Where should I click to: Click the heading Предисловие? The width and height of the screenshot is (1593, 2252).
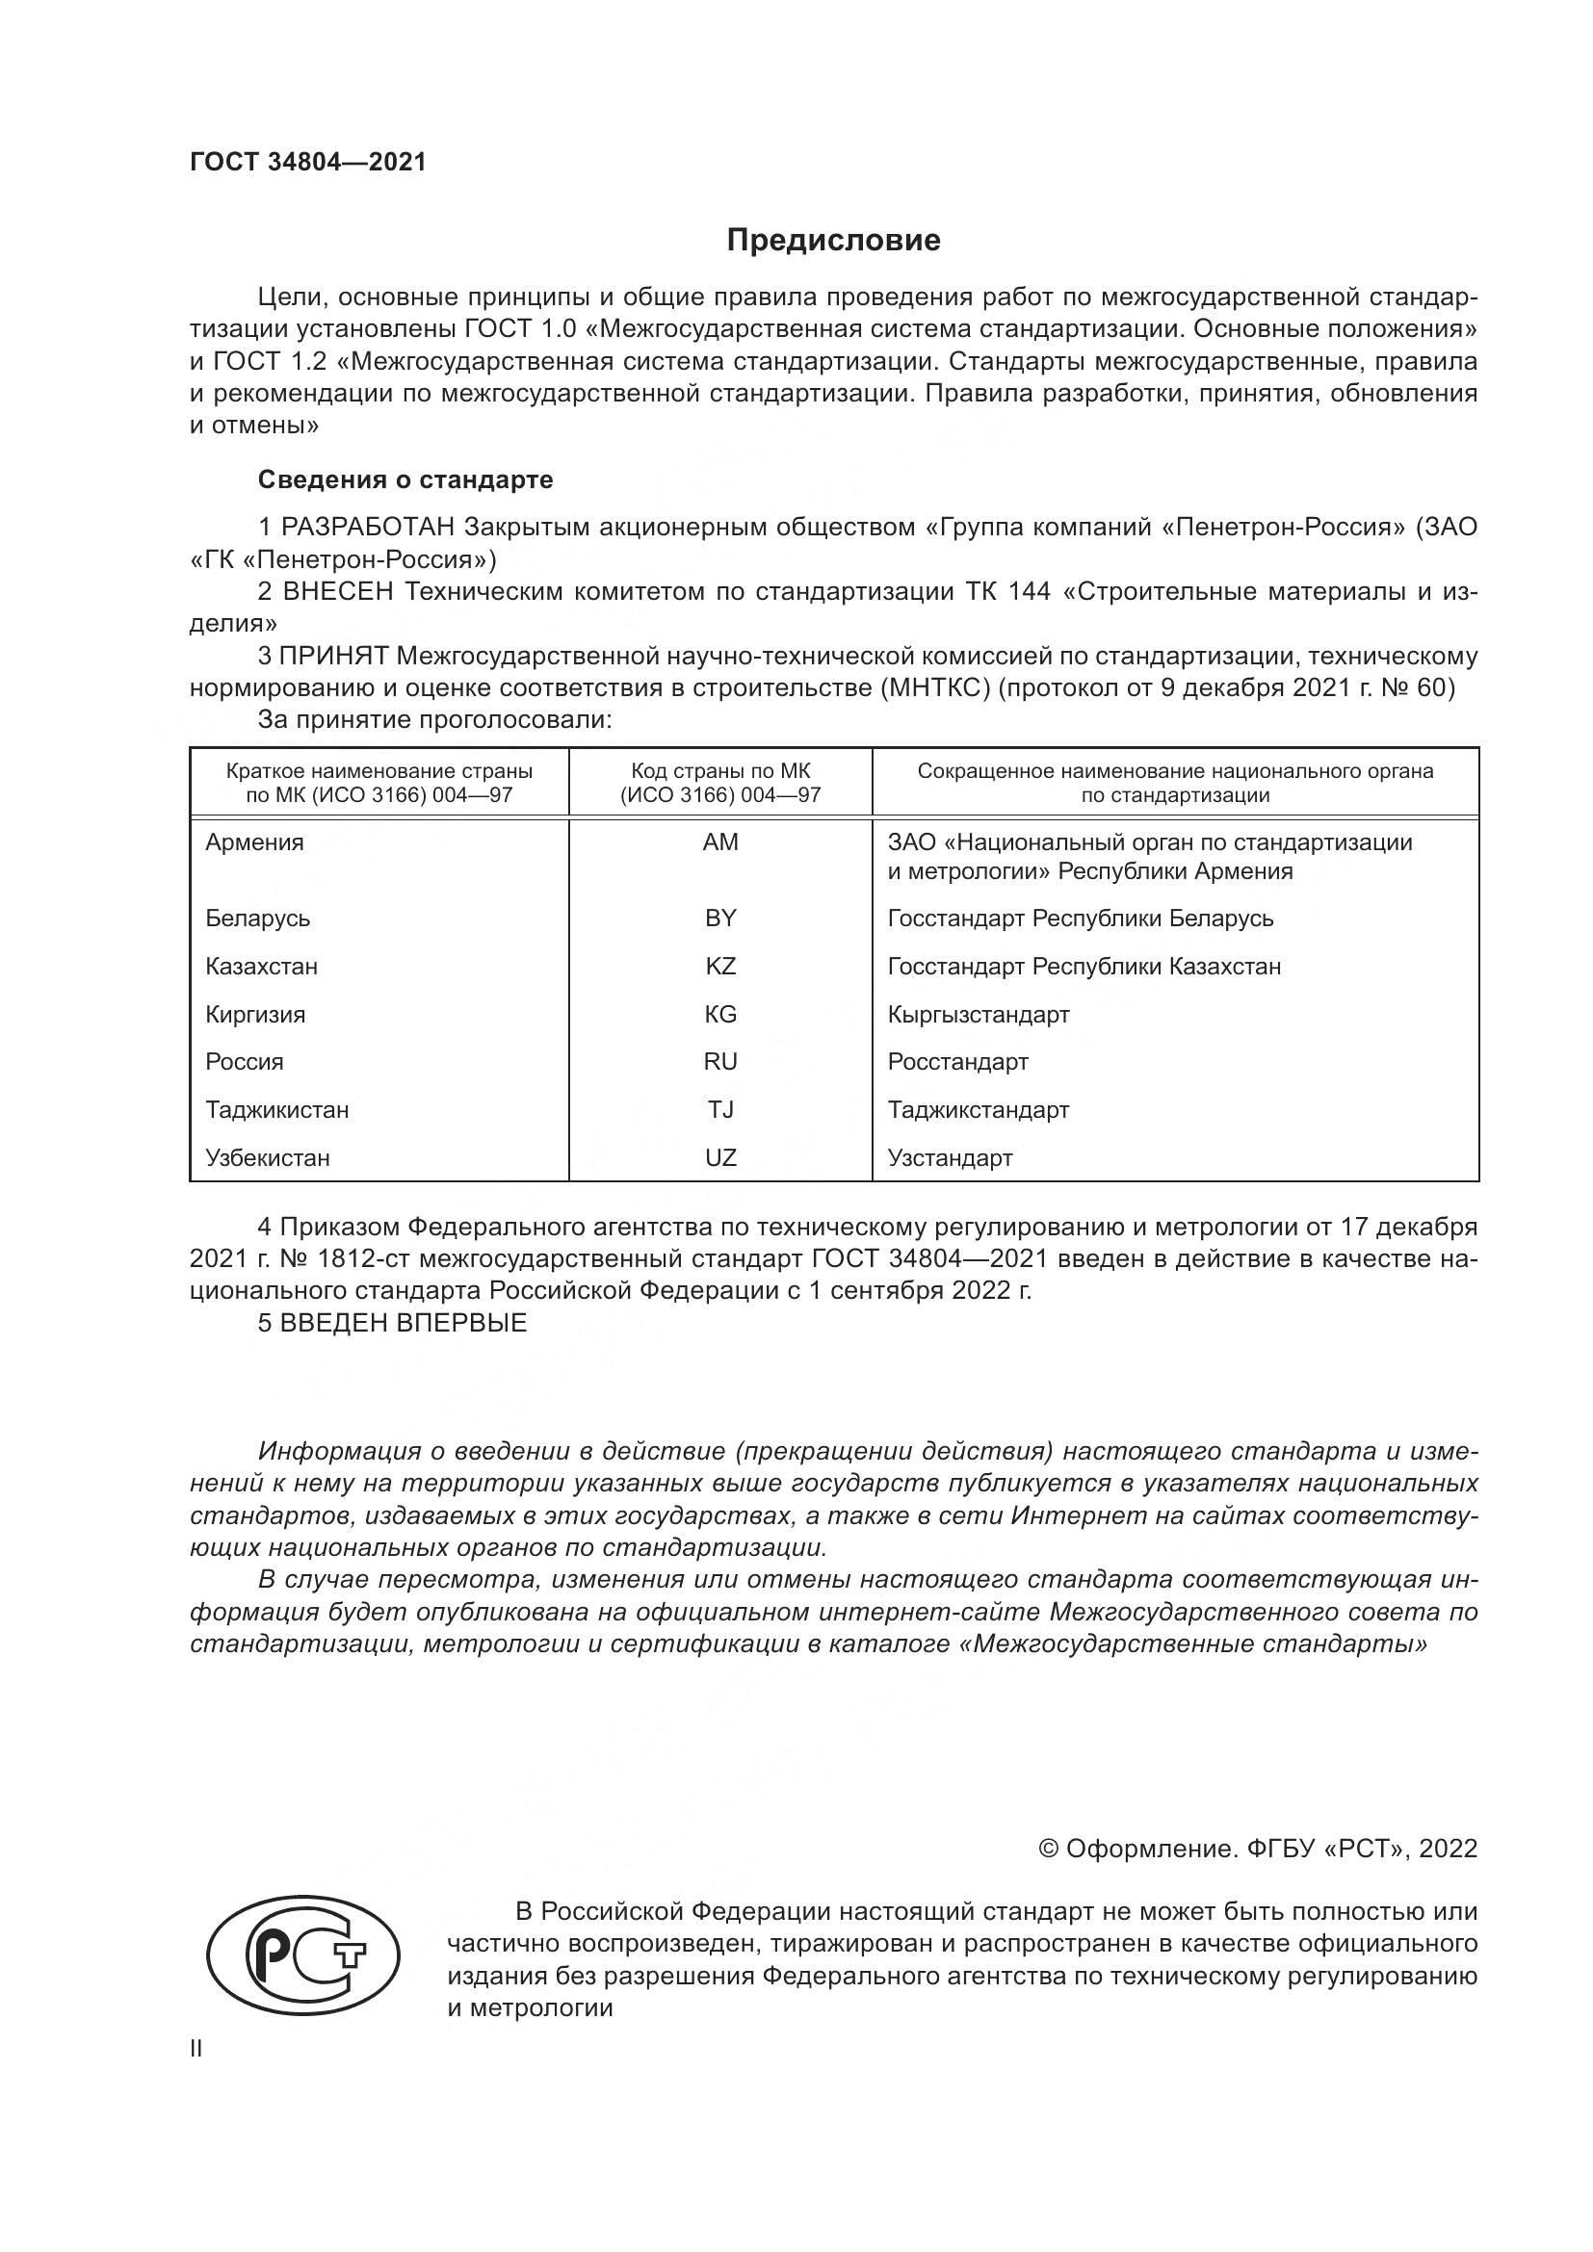[833, 241]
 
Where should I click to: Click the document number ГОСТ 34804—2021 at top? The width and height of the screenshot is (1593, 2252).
[308, 163]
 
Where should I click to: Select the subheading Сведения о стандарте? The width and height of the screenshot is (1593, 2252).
[405, 479]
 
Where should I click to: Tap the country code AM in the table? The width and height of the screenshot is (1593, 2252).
[720, 841]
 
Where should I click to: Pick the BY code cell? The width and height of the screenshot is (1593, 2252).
[720, 919]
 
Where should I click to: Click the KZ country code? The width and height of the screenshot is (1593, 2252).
[720, 966]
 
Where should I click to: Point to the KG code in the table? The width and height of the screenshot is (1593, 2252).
[720, 1014]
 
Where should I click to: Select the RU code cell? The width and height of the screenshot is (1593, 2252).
[720, 1061]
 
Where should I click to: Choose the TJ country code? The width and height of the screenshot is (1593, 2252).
[720, 1109]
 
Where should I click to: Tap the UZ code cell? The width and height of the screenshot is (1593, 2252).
[720, 1157]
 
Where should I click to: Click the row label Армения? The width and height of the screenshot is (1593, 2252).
[254, 841]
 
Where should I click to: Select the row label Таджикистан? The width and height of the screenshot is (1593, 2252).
[276, 1109]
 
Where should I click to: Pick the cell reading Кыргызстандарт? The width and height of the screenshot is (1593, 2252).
[978, 1014]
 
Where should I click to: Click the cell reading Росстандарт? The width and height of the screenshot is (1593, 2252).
[957, 1061]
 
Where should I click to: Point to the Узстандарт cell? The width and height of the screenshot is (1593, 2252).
[950, 1157]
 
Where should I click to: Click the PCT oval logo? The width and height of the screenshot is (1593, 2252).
[304, 1957]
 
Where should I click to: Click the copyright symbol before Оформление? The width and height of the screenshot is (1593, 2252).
[1048, 1849]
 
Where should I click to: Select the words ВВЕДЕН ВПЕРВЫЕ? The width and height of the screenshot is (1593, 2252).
[404, 1323]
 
